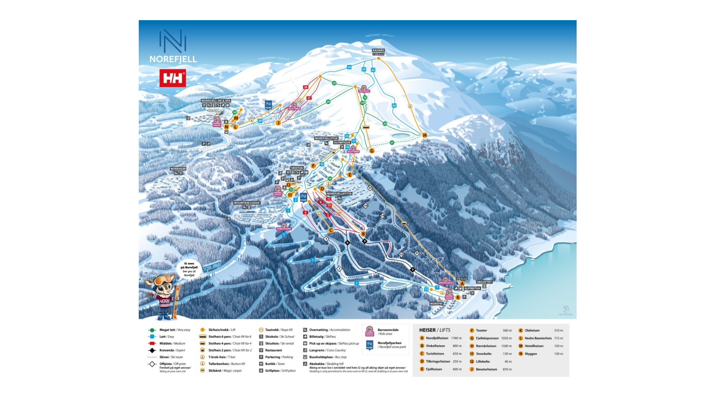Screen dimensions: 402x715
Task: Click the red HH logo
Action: click(173, 78)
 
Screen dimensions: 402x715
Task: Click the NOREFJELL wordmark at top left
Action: click(173, 59)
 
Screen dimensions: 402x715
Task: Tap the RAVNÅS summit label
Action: click(378, 50)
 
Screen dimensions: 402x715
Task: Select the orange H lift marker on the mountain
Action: click(424, 135)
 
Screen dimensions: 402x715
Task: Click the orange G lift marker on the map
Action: click(372, 151)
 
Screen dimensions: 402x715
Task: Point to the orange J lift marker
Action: click(278, 123)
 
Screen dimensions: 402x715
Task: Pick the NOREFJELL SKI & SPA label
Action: click(216, 101)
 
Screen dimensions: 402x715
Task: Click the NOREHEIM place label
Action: click(178, 169)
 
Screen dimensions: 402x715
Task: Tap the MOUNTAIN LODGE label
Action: click(247, 203)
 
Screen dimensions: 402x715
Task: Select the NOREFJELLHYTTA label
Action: click(339, 194)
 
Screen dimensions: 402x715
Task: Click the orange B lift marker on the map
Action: click(363, 234)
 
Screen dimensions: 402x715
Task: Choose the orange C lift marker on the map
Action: click(331, 230)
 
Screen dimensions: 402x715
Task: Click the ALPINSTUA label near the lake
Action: click(472, 288)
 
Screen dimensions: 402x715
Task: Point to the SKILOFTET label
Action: click(484, 282)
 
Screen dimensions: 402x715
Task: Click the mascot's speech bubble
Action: click(189, 269)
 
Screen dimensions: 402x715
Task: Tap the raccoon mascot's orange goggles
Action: click(163, 280)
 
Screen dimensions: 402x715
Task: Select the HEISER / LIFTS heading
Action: click(435, 330)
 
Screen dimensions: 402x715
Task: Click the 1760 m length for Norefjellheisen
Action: click(456, 338)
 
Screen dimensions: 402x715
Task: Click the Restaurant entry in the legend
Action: click(273, 350)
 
